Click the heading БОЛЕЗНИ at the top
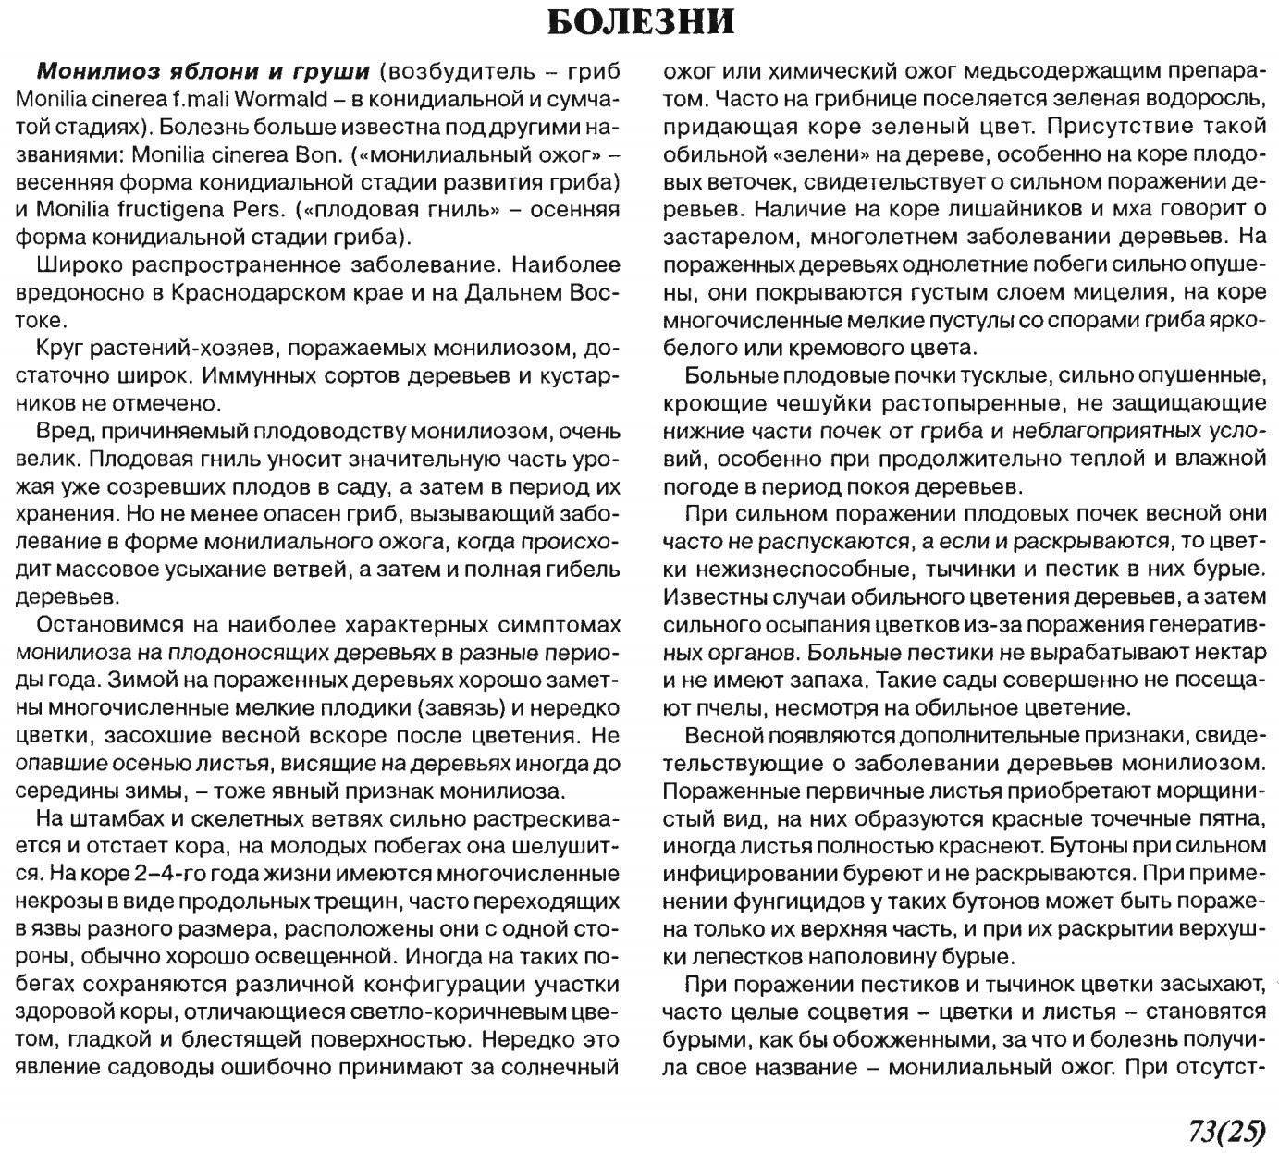pos(640,22)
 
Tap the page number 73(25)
pos(1220,1130)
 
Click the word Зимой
pos(137,681)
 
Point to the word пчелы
pos(712,708)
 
